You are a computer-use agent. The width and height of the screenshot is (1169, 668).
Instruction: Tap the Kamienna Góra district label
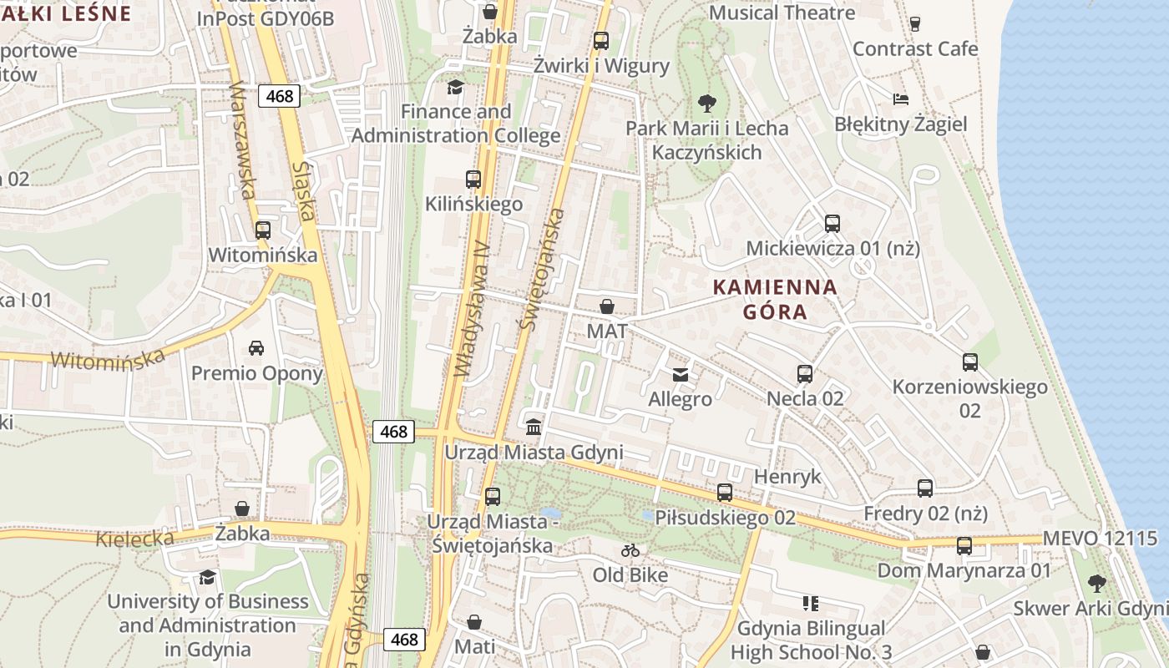[x=774, y=300]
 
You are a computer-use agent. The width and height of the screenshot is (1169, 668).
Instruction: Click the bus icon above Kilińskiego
[x=473, y=179]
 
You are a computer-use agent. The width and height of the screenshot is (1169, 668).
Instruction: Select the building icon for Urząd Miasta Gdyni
[x=534, y=427]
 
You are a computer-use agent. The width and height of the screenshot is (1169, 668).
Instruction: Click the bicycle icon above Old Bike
[x=630, y=550]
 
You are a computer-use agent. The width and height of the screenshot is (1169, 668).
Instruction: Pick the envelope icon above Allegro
[x=681, y=374]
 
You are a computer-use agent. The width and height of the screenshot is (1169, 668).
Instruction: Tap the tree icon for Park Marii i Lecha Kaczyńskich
[x=706, y=104]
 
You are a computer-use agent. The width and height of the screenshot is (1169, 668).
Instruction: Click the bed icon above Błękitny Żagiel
[x=901, y=99]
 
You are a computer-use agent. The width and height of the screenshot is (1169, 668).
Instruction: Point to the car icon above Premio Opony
[x=256, y=347]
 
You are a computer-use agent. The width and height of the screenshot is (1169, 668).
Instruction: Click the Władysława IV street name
[x=470, y=309]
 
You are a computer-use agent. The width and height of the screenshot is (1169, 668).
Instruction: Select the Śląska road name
[x=304, y=191]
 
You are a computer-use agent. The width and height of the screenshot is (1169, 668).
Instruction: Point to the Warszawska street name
[x=240, y=139]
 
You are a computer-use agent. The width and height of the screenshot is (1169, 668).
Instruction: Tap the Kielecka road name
[x=134, y=538]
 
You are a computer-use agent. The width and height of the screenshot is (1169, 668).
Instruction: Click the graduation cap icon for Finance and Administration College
[x=455, y=87]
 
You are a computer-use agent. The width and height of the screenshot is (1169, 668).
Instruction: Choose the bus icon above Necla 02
[x=805, y=373]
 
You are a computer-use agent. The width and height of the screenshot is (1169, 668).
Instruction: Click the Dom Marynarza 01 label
[x=964, y=570]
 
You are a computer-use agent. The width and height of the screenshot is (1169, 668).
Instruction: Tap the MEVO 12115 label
[x=1101, y=538]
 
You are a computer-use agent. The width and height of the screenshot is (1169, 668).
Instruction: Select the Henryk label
[x=787, y=477]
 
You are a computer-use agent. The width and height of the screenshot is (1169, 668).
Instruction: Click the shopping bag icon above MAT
[x=607, y=306]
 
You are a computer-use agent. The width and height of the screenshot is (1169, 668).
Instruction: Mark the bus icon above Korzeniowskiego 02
[x=969, y=362]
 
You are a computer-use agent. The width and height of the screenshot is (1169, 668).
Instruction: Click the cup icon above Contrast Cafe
[x=915, y=23]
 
